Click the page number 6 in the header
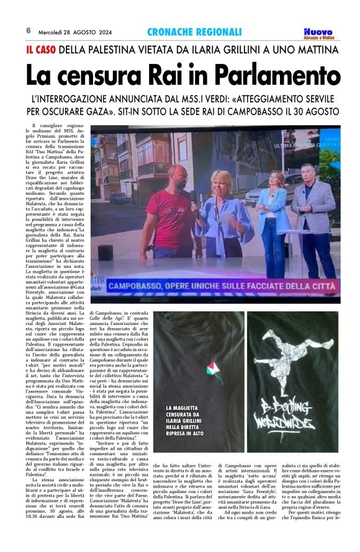click(x=29, y=31)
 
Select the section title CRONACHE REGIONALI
click(x=194, y=32)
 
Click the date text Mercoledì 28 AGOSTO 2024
click(x=74, y=31)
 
